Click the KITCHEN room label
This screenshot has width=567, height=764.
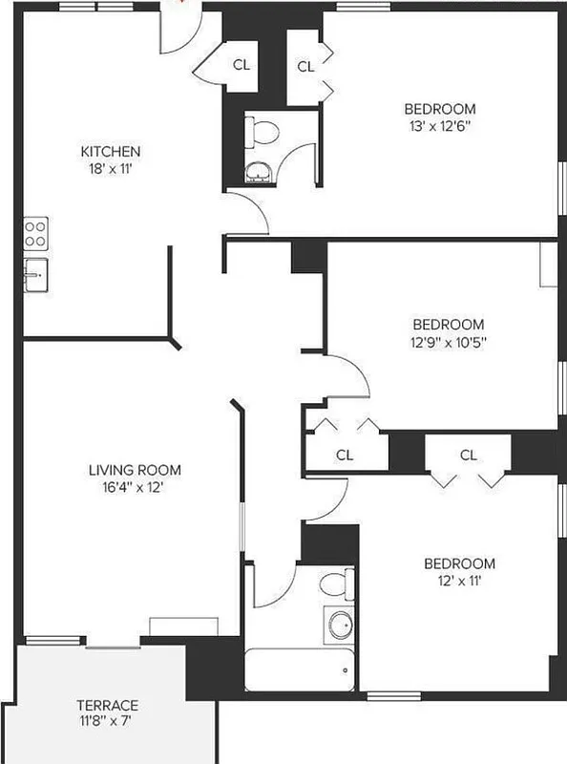[111, 152]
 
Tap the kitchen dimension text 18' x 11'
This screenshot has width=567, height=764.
[111, 168]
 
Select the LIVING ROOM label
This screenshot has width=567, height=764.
[135, 470]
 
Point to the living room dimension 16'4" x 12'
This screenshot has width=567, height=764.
[135, 486]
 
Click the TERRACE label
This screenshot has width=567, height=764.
[108, 706]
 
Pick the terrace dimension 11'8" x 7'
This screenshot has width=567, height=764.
[108, 722]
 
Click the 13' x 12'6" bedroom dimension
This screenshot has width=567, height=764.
[439, 124]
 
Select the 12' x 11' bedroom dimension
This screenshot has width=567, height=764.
[460, 580]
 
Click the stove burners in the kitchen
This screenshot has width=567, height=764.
[36, 232]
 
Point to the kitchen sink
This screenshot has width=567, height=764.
[36, 274]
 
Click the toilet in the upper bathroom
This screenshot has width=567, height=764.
[260, 132]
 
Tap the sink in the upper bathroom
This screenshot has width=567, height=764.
[258, 172]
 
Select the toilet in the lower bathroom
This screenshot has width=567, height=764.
[333, 583]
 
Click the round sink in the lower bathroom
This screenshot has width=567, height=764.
[339, 626]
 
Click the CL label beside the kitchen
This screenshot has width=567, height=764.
[241, 66]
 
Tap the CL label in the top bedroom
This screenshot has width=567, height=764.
[305, 67]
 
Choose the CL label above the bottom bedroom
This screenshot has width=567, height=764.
[468, 456]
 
